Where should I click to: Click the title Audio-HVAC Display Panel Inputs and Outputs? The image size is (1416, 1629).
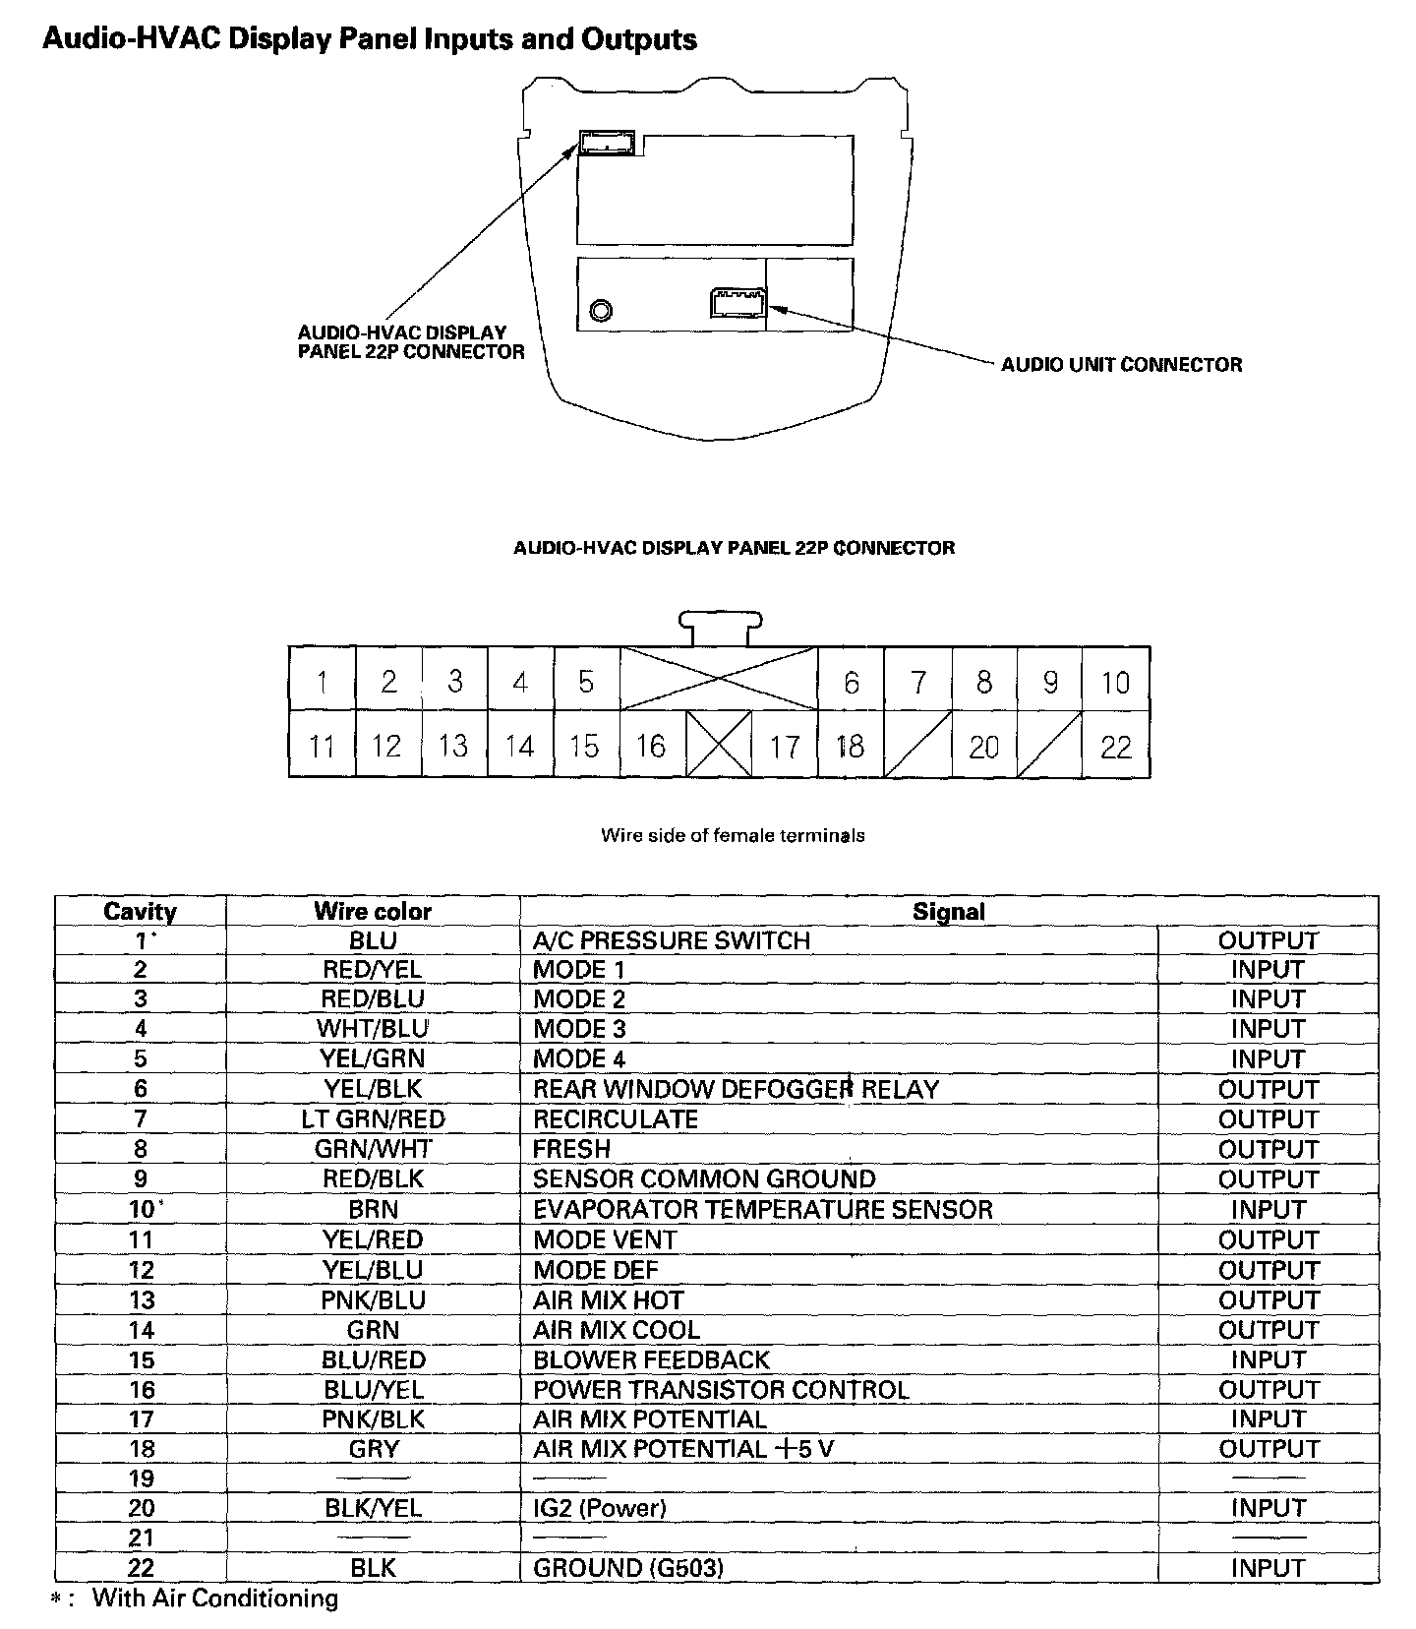click(370, 40)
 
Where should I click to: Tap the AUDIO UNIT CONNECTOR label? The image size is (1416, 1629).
click(1121, 365)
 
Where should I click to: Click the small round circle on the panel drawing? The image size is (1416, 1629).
click(601, 312)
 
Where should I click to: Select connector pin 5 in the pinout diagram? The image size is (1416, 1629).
click(586, 682)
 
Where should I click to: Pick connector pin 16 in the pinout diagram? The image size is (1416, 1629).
click(651, 747)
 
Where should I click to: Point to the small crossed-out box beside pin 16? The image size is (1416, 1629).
click(719, 746)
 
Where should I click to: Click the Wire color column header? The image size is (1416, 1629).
click(373, 911)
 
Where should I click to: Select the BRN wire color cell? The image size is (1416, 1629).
click(373, 1209)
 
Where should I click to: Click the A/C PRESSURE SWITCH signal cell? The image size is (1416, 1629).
click(672, 940)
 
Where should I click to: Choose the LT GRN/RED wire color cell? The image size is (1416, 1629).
click(373, 1119)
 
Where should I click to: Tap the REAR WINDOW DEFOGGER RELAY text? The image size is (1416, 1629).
click(736, 1089)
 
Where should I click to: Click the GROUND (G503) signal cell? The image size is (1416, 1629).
click(627, 1568)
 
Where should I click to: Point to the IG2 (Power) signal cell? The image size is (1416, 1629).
click(599, 1508)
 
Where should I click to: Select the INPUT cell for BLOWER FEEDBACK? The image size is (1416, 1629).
click(1268, 1359)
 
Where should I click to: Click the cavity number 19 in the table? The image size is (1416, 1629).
click(141, 1478)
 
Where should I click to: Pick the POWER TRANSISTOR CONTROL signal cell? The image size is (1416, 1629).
click(721, 1389)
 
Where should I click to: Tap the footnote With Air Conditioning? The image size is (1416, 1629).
click(214, 1599)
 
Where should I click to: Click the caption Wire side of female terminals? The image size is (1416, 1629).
click(733, 835)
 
